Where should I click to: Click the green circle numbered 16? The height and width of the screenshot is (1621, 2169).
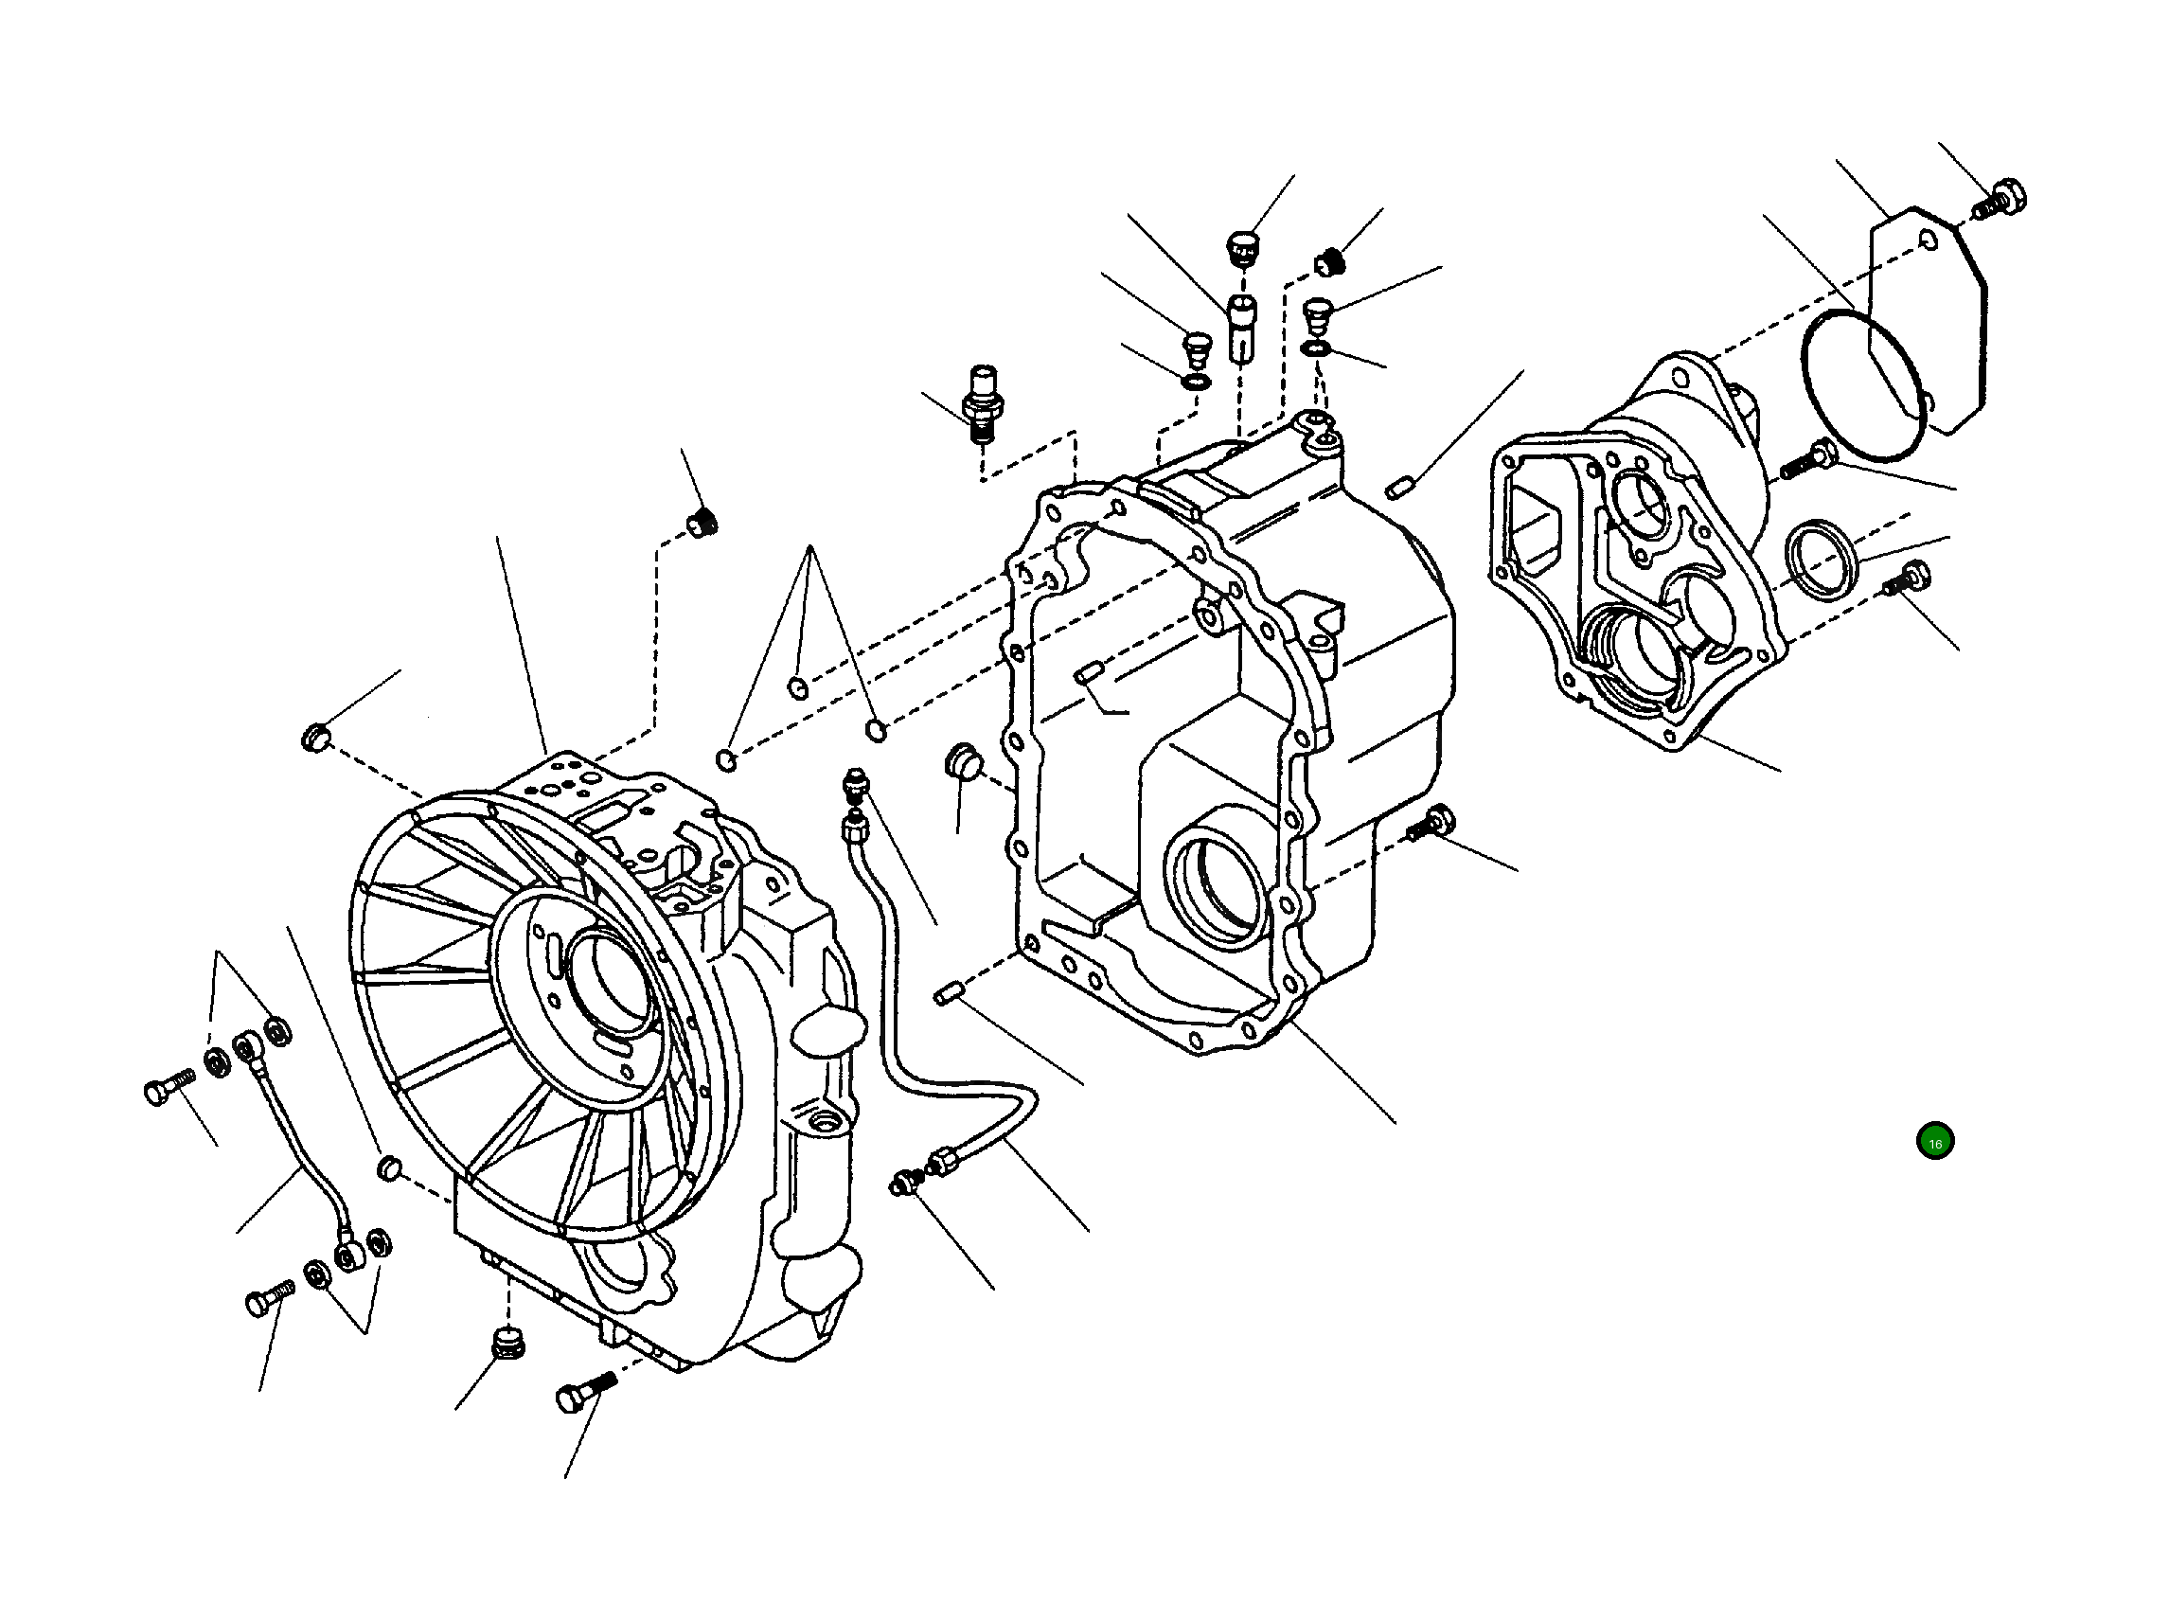(1934, 1142)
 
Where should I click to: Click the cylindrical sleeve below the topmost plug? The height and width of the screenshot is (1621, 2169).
(1241, 328)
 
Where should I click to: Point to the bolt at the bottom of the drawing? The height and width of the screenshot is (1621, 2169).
(584, 1391)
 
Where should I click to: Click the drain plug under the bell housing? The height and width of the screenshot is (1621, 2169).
(507, 1344)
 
